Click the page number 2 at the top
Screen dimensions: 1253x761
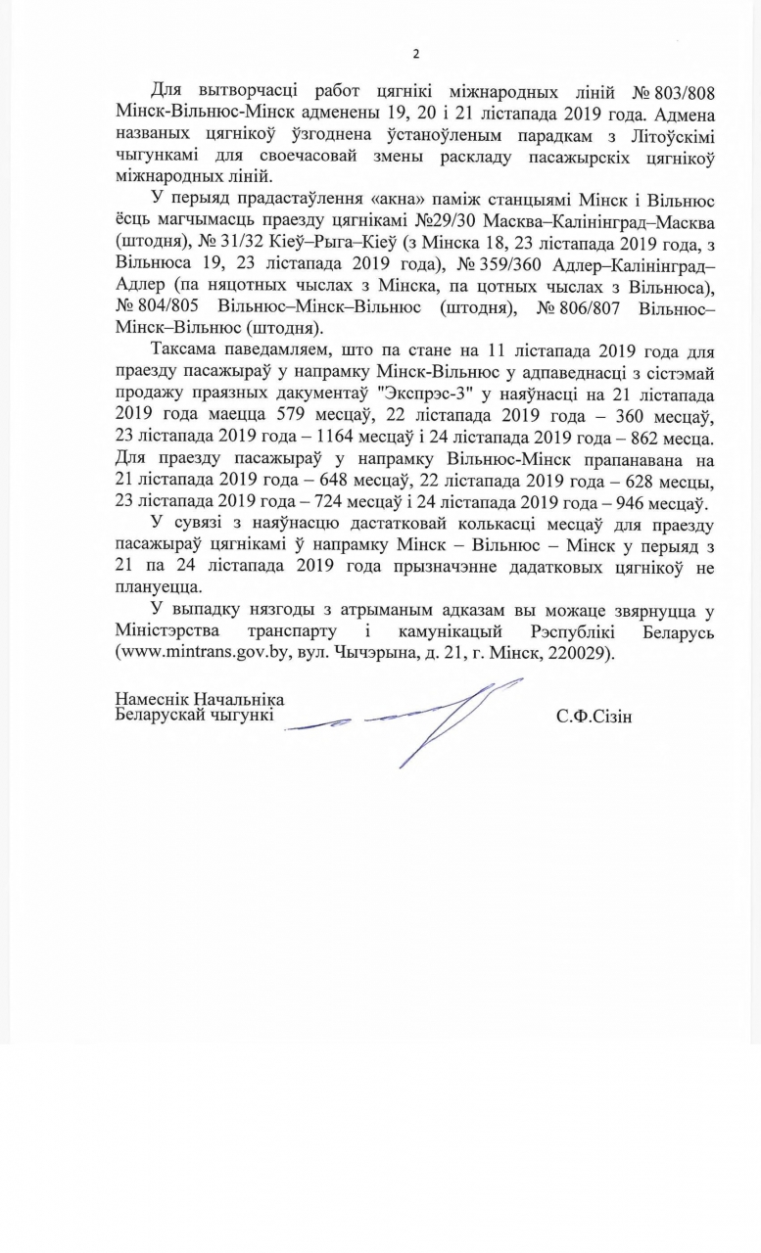pos(415,53)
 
